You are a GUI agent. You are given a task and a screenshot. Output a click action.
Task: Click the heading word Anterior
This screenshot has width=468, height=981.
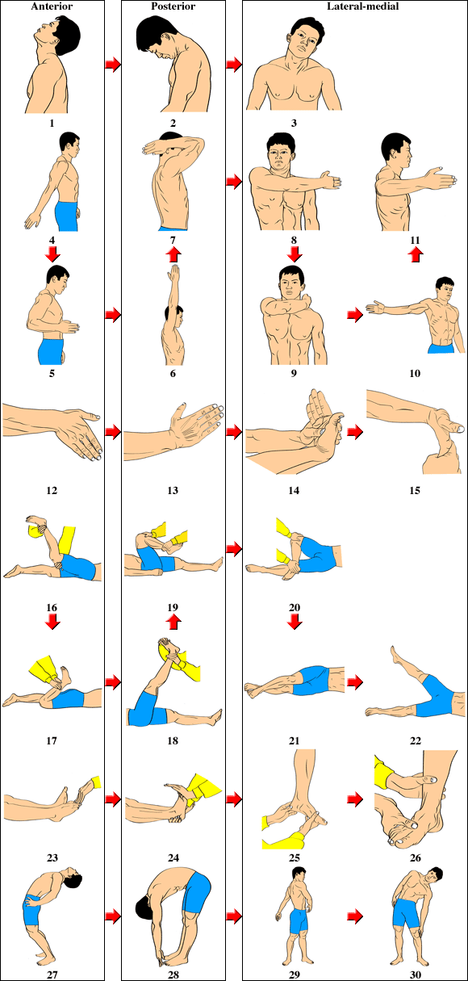52,6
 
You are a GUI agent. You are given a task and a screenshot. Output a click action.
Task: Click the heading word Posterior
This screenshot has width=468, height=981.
173,6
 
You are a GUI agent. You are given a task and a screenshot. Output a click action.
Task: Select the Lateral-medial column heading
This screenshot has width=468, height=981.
363,6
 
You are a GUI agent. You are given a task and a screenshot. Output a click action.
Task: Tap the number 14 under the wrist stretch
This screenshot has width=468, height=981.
294,491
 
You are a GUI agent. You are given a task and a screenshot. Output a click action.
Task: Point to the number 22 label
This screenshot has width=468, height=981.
415,740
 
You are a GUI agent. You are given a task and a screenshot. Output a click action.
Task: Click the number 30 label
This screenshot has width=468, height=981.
415,975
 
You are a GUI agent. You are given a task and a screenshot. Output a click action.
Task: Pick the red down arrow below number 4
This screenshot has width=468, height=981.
52,254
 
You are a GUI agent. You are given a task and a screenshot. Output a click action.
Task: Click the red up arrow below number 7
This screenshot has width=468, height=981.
173,254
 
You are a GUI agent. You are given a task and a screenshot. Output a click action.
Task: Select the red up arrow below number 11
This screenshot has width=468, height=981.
416,254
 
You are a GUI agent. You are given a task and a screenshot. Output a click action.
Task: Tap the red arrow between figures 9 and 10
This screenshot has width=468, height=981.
355,314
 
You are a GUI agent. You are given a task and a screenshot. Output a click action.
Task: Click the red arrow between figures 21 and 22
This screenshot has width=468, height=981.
355,681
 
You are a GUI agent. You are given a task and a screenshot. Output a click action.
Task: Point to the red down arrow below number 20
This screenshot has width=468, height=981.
295,621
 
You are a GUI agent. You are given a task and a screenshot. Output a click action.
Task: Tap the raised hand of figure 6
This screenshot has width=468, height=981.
174,275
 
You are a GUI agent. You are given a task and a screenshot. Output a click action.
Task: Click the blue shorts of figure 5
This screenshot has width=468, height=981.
50,351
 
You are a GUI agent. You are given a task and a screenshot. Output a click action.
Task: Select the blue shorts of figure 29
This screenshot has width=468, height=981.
299,921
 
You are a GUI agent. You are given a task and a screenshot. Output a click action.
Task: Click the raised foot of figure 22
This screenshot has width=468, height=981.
397,655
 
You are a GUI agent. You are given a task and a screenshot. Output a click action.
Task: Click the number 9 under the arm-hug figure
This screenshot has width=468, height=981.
294,374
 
